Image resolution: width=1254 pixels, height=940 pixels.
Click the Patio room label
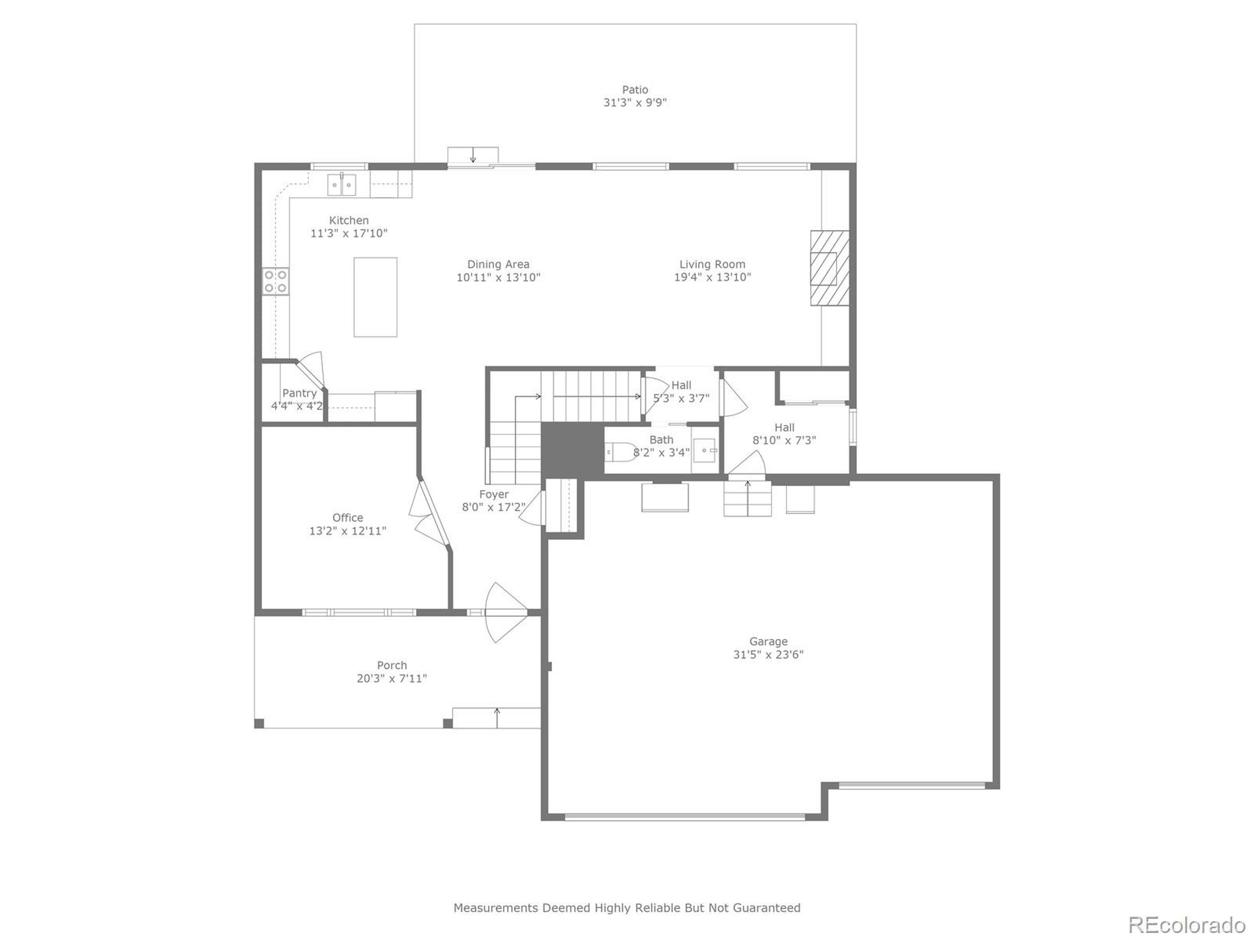634,90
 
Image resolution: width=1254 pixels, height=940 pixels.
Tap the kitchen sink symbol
341,185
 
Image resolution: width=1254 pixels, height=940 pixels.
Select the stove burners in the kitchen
275,281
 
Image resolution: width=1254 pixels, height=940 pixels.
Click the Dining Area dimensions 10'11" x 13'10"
498,278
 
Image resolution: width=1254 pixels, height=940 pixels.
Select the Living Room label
712,264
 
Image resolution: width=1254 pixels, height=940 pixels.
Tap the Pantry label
299,393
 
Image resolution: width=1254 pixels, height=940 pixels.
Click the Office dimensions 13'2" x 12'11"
347,531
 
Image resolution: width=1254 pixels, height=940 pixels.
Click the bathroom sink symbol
705,450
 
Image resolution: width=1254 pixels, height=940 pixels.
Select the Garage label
768,641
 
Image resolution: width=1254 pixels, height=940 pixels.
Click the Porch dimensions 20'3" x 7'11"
392,678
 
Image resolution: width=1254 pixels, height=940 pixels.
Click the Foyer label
494,494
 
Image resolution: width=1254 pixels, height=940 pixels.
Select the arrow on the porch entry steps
497,717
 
